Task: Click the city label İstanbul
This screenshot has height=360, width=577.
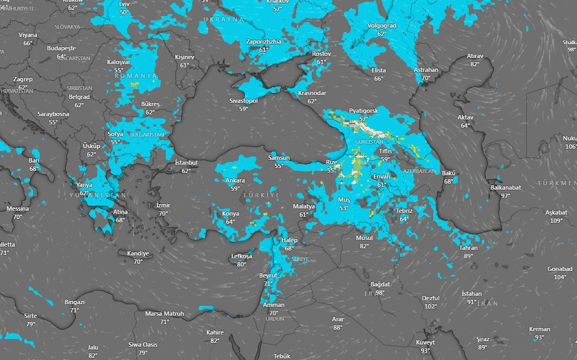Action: [x=186, y=163]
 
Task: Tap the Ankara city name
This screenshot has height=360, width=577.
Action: [x=235, y=181]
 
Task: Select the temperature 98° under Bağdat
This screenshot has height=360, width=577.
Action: [x=380, y=293]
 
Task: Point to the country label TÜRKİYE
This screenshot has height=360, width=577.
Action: [x=265, y=196]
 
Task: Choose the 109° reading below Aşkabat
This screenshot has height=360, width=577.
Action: [x=556, y=221]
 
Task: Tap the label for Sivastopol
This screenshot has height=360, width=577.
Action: [x=244, y=101]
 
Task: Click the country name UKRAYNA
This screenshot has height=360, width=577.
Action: [x=223, y=19]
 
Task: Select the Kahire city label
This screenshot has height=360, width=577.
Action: [x=215, y=332]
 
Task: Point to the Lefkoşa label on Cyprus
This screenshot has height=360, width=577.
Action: [x=241, y=257]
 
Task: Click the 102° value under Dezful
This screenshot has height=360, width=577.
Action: [x=431, y=306]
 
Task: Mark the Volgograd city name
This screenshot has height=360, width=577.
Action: [x=381, y=26]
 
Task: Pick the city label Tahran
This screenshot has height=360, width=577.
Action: [x=468, y=248]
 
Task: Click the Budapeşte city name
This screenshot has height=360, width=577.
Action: [x=61, y=49]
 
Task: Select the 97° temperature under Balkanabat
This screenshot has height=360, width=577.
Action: [x=505, y=196]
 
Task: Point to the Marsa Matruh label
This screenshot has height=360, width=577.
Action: [x=165, y=314]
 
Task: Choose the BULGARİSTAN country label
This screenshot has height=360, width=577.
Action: [x=147, y=134]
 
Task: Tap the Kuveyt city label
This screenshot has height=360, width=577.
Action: [x=425, y=342]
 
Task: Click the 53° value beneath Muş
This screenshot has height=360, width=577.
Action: [x=344, y=208]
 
